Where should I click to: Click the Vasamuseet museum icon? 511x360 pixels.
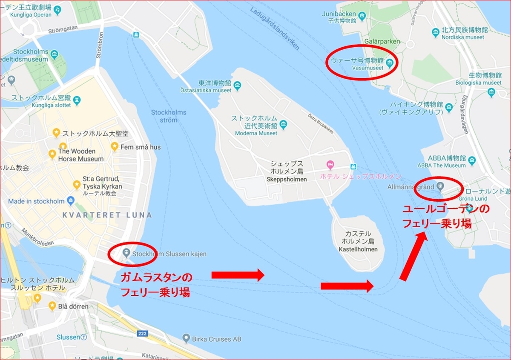(x=389, y=63)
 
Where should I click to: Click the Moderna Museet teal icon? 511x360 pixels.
(x=284, y=125)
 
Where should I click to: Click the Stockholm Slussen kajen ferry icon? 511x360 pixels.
(x=126, y=253)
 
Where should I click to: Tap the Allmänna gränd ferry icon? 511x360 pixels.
(x=440, y=186)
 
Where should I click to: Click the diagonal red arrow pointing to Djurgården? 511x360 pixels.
(x=412, y=257)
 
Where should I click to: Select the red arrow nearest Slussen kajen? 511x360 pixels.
(x=238, y=275)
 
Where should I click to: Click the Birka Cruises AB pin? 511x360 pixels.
(x=186, y=339)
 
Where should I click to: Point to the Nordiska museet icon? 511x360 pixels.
(x=435, y=32)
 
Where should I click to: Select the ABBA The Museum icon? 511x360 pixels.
(x=471, y=161)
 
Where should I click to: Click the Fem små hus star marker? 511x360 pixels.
(x=115, y=146)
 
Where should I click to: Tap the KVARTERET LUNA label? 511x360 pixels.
(x=107, y=215)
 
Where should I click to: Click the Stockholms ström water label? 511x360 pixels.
(x=169, y=116)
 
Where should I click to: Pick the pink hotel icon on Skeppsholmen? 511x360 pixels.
(x=329, y=164)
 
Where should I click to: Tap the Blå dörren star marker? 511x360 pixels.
(x=52, y=306)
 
